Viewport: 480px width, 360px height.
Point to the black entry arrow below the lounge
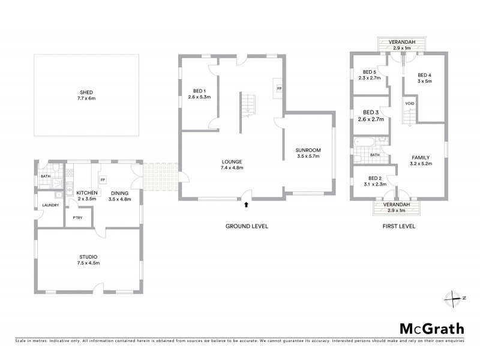[247, 205]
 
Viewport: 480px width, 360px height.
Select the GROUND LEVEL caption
[247, 226]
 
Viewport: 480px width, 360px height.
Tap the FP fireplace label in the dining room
[103, 179]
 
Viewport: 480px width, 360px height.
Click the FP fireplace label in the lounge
[279, 88]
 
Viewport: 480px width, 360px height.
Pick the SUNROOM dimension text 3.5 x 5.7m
[308, 157]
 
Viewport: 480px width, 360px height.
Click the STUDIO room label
[88, 257]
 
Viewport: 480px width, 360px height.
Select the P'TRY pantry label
[77, 218]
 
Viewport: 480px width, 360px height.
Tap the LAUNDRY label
[50, 205]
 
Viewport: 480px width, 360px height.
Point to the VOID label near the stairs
[410, 103]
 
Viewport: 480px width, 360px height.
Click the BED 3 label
[370, 112]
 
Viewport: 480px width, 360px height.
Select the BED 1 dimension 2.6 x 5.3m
[199, 97]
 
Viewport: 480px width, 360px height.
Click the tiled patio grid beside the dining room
[161, 180]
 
